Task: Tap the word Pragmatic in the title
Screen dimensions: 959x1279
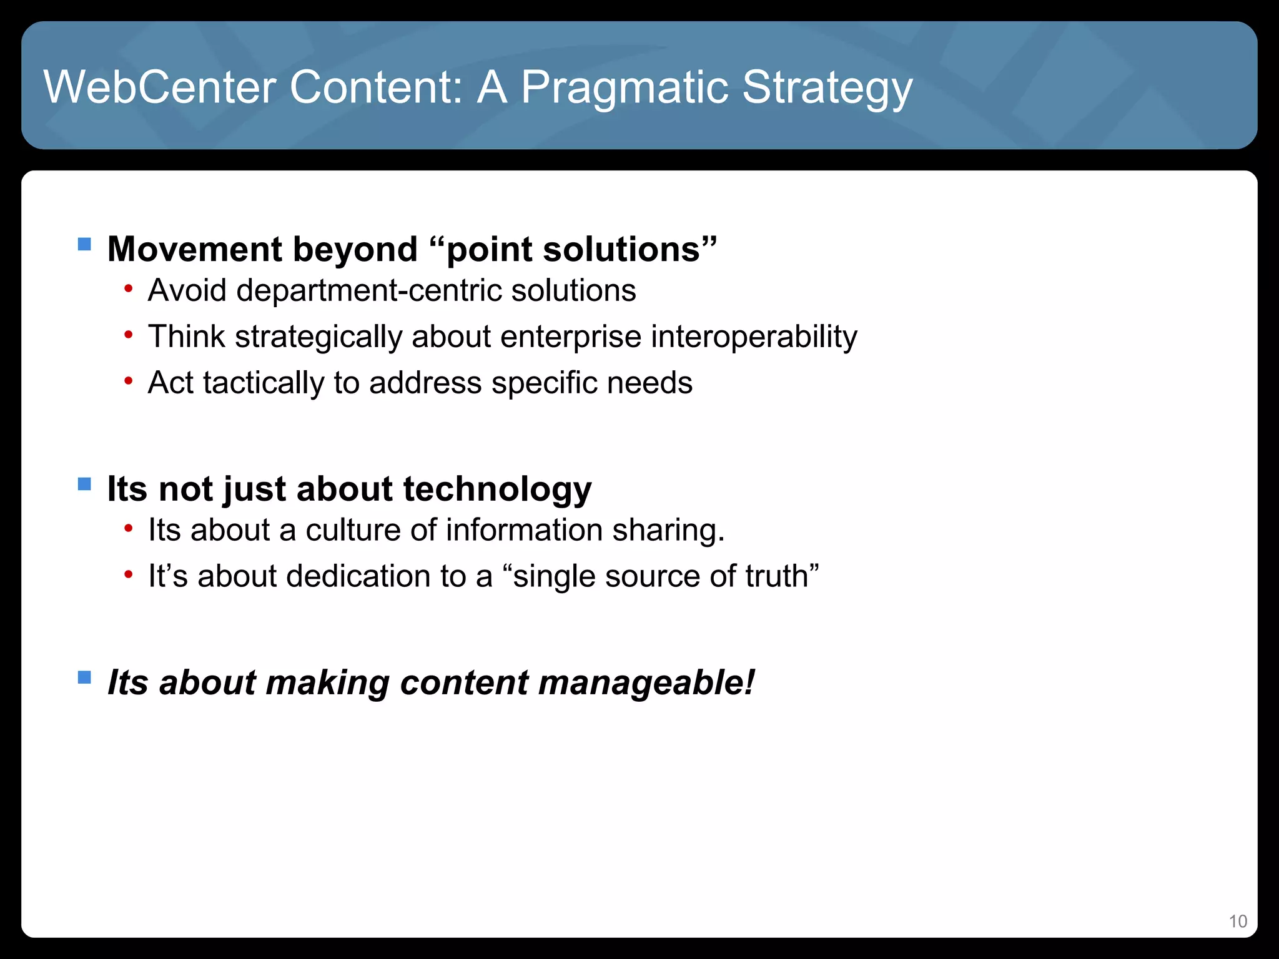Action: click(624, 87)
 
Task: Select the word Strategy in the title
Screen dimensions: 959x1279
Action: click(827, 87)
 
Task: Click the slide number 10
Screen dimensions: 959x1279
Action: click(1238, 922)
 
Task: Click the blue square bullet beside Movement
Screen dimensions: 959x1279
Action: click(84, 243)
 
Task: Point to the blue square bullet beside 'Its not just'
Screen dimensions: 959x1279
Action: click(84, 484)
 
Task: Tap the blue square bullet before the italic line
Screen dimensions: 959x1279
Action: click(84, 677)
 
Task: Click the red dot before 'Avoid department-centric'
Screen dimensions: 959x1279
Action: click(128, 289)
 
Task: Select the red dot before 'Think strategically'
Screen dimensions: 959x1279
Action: click(128, 335)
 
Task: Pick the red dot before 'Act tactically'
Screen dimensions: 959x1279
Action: click(128, 381)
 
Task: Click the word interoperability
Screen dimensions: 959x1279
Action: click(754, 337)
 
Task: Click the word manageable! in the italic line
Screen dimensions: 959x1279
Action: click(646, 682)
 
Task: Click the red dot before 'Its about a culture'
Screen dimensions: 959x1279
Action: click(128, 529)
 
